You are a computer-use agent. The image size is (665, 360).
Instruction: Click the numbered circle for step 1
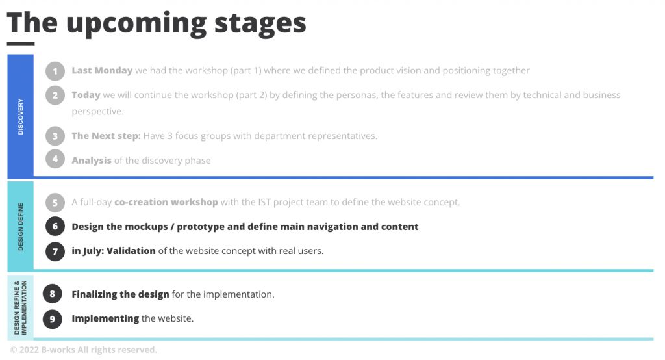point(55,71)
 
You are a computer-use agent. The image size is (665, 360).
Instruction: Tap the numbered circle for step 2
point(55,95)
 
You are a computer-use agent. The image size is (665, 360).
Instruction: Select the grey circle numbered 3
point(55,136)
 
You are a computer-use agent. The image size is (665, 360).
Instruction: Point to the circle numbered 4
point(55,159)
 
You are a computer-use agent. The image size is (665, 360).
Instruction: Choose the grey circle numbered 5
point(55,203)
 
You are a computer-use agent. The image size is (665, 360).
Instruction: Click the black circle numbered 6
point(55,226)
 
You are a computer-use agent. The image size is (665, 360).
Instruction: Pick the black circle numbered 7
point(55,251)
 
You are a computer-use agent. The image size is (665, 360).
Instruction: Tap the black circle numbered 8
point(52,294)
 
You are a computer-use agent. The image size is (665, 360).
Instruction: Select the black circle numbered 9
point(52,319)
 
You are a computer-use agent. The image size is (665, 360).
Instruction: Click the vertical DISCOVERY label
point(20,117)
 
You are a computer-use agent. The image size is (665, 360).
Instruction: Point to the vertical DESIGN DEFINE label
point(20,227)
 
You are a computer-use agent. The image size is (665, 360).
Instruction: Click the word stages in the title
point(260,24)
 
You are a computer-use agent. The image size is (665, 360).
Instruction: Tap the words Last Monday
point(102,70)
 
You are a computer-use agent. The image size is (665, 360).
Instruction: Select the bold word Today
point(86,95)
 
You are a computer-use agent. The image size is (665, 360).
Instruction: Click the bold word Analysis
point(92,161)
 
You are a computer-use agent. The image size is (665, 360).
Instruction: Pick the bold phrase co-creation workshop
point(166,202)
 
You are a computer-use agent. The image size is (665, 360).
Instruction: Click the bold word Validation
point(131,251)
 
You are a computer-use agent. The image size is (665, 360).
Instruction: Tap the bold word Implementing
point(105,318)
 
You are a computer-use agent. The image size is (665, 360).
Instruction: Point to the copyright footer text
point(84,350)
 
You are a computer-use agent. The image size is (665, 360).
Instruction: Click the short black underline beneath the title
point(21,44)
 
